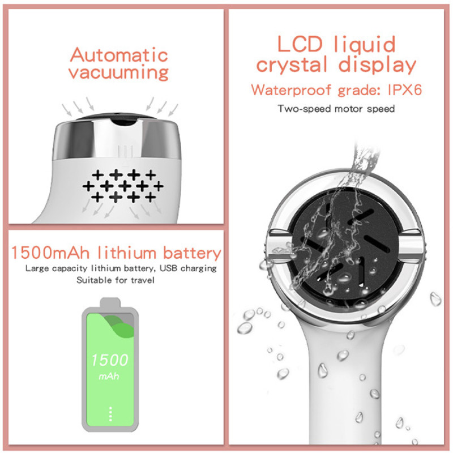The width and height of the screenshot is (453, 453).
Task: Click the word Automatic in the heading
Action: click(x=119, y=54)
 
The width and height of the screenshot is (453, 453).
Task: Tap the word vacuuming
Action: click(x=118, y=72)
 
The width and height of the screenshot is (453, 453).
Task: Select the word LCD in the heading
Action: click(x=300, y=44)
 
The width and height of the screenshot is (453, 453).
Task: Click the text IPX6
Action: click(x=404, y=90)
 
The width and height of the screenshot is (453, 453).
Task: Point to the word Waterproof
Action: click(x=291, y=90)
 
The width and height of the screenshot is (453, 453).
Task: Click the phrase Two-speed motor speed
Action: click(x=336, y=109)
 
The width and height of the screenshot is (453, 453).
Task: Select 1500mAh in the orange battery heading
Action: click(x=50, y=253)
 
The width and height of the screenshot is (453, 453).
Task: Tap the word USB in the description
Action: click(x=168, y=268)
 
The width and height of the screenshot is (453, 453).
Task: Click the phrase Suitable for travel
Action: click(x=116, y=280)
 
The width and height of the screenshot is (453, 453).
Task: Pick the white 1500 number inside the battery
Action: click(x=110, y=360)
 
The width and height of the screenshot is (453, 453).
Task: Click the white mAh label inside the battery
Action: click(x=109, y=376)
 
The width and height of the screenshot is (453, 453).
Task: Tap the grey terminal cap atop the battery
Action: click(x=110, y=302)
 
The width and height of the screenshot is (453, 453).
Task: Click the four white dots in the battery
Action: click(x=110, y=414)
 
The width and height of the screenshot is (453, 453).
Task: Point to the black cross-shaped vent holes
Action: click(x=123, y=186)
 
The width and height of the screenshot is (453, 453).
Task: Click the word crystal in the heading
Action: click(x=292, y=65)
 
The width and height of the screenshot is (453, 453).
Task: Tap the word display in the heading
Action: click(x=377, y=65)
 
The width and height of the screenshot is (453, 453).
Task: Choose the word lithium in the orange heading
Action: click(x=126, y=253)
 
